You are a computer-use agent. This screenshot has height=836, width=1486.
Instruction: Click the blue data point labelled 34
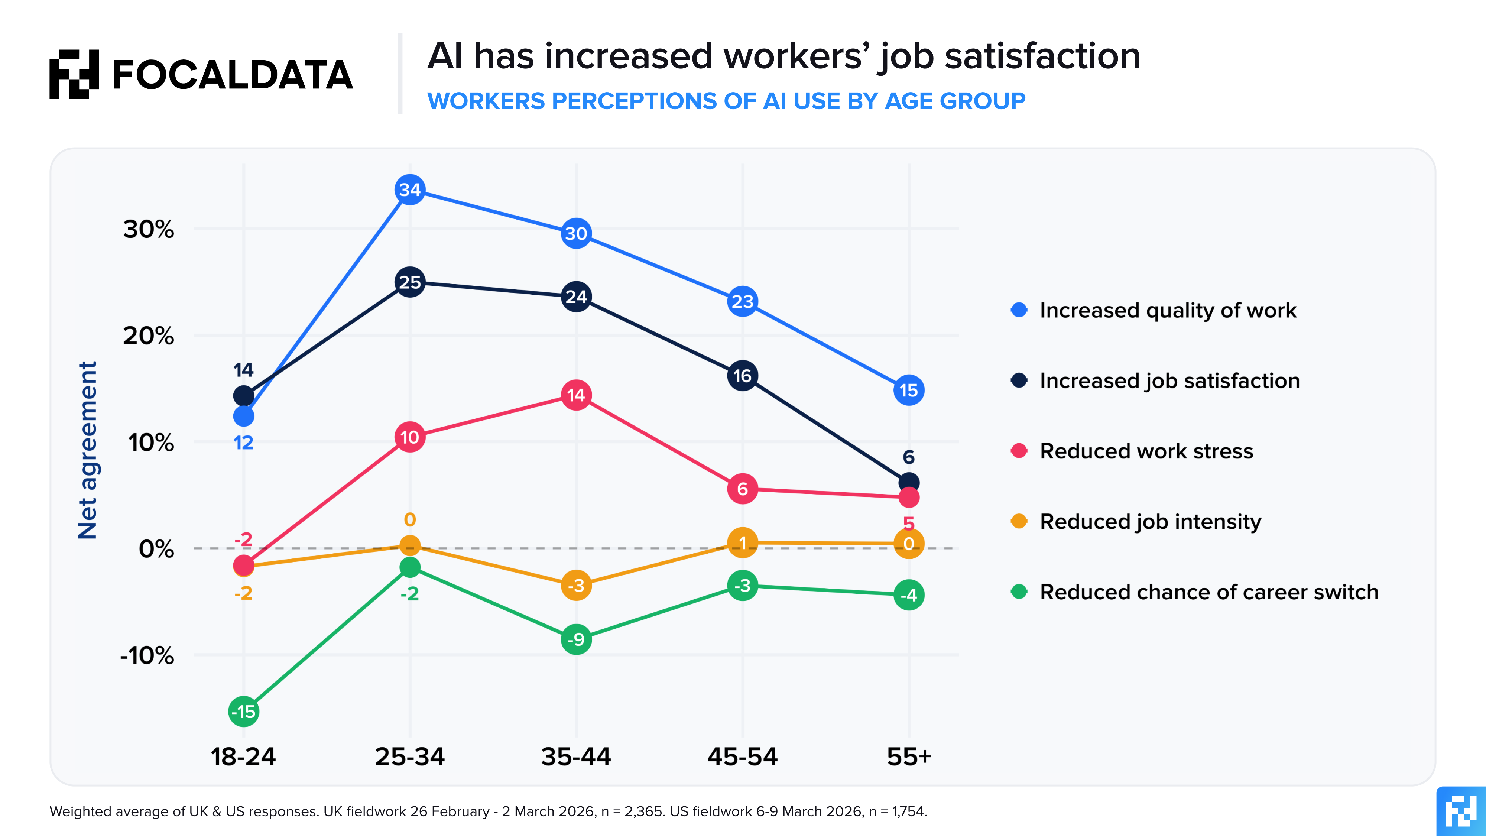(x=409, y=190)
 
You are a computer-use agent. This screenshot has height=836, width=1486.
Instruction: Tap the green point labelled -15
(x=243, y=712)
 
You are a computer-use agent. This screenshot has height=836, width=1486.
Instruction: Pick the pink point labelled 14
(x=576, y=395)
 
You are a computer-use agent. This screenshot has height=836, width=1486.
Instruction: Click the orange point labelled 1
(x=742, y=543)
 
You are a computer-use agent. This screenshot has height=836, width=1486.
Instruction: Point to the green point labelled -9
(x=576, y=639)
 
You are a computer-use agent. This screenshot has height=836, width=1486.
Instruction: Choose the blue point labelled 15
(x=909, y=390)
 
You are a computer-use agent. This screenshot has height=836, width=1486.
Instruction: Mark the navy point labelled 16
(x=742, y=376)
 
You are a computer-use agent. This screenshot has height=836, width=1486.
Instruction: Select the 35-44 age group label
(x=576, y=756)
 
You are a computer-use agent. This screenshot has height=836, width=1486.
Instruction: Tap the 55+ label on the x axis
(x=909, y=756)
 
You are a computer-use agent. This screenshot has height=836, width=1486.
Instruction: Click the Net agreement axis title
(x=88, y=450)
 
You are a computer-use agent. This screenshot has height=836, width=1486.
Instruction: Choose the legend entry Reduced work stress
(x=1146, y=451)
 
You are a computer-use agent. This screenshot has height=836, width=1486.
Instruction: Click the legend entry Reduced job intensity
(x=1150, y=522)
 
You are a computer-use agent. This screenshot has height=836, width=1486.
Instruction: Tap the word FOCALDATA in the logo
(x=232, y=75)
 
